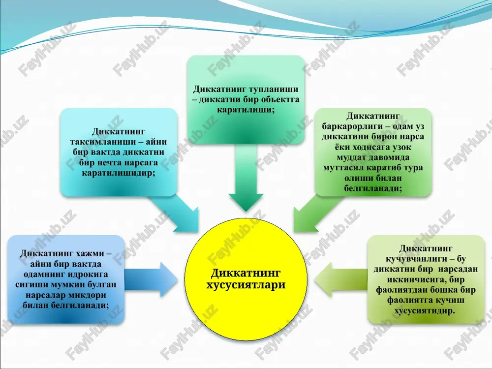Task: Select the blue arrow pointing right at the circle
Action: (x=151, y=279)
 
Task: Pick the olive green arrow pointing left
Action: (x=341, y=279)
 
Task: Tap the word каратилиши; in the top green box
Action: (x=246, y=110)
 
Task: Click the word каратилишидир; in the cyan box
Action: (x=119, y=173)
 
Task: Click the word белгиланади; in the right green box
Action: (x=373, y=188)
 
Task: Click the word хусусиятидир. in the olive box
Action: (x=425, y=310)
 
